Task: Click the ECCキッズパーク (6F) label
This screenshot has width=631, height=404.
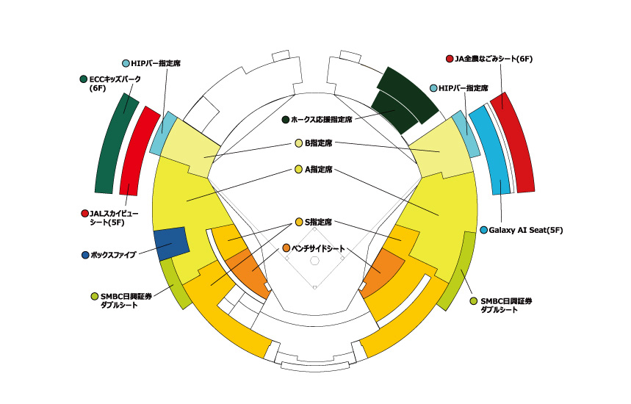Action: click(115, 83)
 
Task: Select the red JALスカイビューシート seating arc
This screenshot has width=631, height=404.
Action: click(137, 149)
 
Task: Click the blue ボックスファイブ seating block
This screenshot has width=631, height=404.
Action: click(172, 243)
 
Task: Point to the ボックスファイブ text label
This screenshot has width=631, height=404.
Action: click(113, 255)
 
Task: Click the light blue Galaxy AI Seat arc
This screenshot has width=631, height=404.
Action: click(491, 150)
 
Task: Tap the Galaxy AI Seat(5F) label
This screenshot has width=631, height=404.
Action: click(525, 230)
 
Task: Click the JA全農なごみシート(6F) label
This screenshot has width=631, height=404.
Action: click(494, 59)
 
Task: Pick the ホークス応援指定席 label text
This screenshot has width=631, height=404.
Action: click(321, 120)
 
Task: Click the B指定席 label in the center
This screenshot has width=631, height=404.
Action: click(318, 143)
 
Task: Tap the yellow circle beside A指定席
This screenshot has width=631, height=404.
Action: click(298, 170)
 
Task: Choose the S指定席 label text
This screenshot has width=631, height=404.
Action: click(318, 222)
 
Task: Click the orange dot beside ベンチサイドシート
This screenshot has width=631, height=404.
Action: click(286, 248)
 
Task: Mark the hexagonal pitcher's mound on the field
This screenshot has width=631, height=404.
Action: click(314, 261)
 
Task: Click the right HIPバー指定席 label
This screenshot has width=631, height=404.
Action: click(464, 88)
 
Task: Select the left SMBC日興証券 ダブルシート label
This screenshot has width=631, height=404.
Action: click(126, 300)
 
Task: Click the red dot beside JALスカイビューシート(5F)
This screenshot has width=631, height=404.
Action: click(84, 213)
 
